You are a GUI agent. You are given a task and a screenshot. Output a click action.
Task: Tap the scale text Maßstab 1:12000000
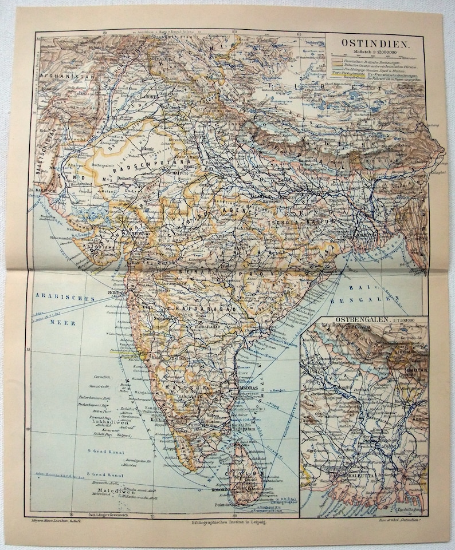(x=372, y=52)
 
